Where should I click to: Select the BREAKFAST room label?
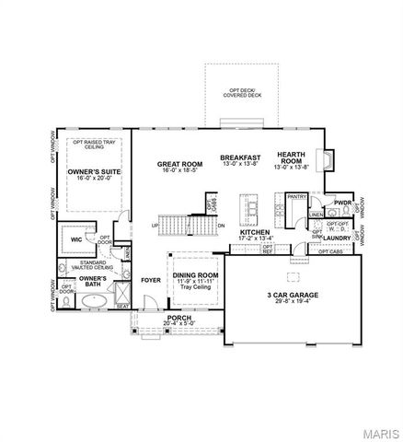pyautogui.click(x=241, y=157)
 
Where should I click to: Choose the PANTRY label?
pyautogui.click(x=295, y=196)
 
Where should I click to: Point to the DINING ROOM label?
pyautogui.click(x=195, y=274)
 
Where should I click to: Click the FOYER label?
pyautogui.click(x=150, y=279)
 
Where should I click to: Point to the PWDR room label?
pyautogui.click(x=342, y=202)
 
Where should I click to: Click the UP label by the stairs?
pyautogui.click(x=155, y=225)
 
